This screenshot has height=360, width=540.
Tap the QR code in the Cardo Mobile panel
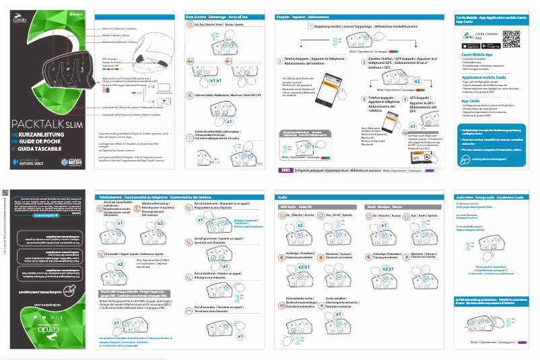coord(513,39)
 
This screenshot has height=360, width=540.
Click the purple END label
coord(285,170)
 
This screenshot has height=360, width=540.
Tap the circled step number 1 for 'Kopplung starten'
coord(310,26)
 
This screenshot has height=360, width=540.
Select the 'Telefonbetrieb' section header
coord(111,196)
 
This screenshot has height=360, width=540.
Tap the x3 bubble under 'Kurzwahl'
coord(120,264)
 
